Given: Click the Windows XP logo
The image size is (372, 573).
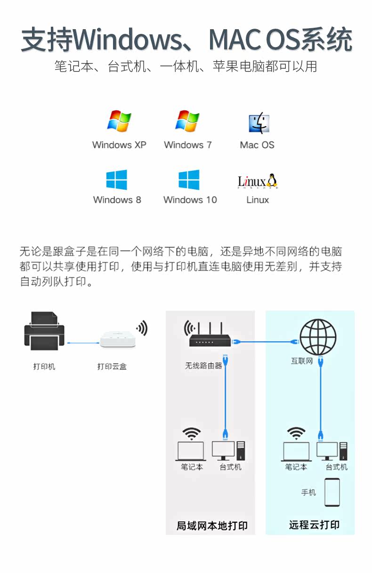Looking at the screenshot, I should click(119, 121).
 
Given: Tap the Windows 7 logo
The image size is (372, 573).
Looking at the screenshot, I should click(187, 121).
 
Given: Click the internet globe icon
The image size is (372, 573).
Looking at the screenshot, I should click(319, 337).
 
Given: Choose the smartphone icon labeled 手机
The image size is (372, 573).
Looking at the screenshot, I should click(332, 492).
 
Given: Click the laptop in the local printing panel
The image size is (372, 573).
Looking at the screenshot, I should click(191, 451).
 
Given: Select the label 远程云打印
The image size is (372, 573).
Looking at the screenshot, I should click(314, 525).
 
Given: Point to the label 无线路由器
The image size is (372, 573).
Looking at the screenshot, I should click(203, 365).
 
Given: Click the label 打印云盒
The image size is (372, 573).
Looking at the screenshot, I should click(112, 366).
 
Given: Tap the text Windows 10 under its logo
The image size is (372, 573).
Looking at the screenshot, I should click(190, 199).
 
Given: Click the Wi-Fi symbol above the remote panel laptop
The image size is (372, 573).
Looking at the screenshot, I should click(296, 432).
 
